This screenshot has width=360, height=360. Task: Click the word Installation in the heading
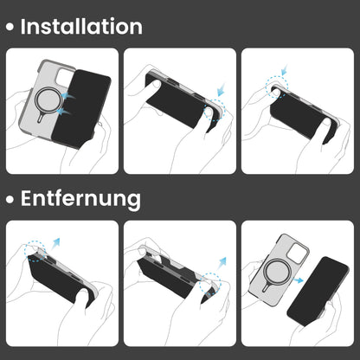[x=81, y=27]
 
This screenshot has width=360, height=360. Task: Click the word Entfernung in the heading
[x=80, y=198]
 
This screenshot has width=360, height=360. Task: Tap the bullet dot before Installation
[x=10, y=29]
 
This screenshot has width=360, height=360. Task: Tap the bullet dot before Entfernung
[x=10, y=200]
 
